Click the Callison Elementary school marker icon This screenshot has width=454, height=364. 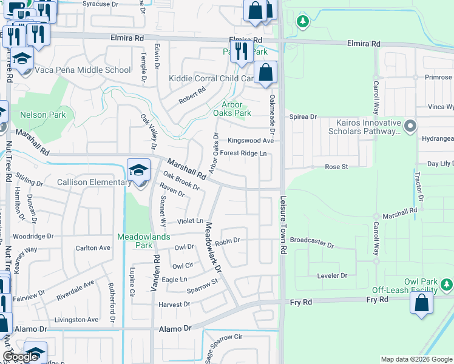point(139,171)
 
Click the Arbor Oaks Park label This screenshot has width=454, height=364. point(232,109)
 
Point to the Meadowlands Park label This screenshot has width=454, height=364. point(135,241)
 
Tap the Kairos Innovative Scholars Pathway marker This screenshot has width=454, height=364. point(411,126)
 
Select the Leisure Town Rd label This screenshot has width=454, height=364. point(283,224)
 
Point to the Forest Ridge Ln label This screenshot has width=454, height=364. point(243,153)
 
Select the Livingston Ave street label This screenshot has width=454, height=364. point(76,320)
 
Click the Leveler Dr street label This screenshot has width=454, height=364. point(332,275)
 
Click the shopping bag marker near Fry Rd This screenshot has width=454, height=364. point(422,303)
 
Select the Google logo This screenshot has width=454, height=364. point(21,357)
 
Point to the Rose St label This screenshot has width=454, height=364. point(336,166)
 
